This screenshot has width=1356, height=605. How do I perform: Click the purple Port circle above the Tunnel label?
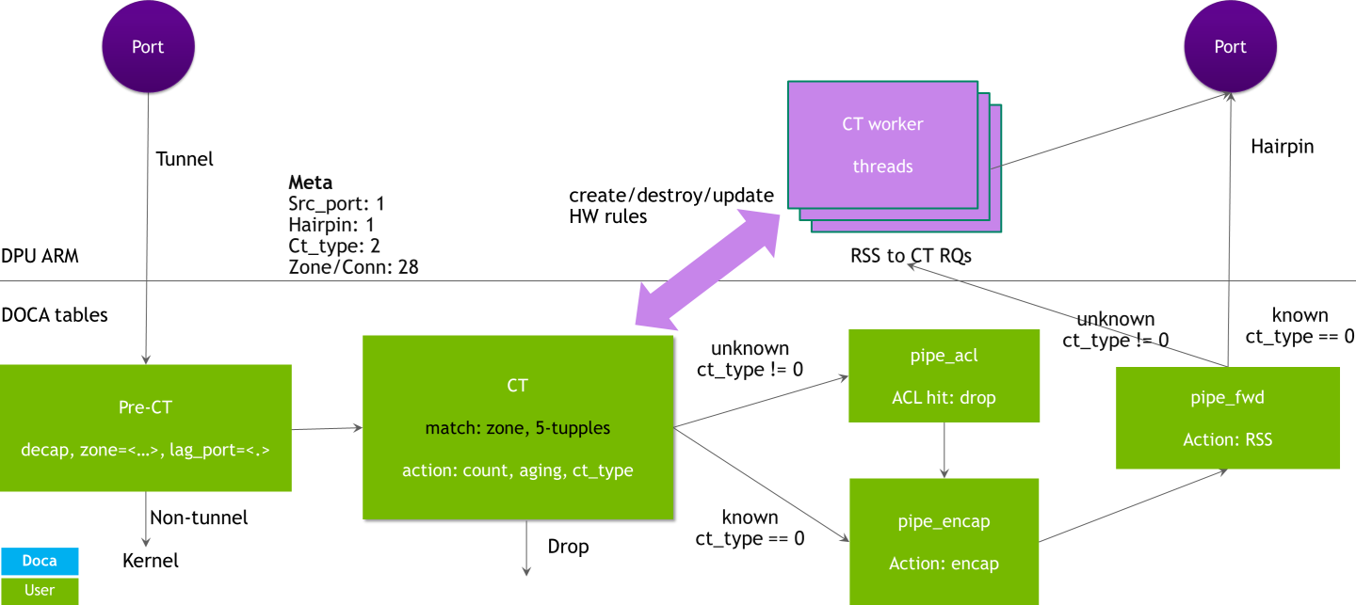click(x=148, y=47)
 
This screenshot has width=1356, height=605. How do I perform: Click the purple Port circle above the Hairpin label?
click(x=1230, y=47)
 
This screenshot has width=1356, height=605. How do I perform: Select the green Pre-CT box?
click(x=146, y=427)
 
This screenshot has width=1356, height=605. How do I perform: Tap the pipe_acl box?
click(x=944, y=375)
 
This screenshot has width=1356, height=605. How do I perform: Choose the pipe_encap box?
click(x=944, y=541)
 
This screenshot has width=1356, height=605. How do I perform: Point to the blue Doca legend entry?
click(x=40, y=561)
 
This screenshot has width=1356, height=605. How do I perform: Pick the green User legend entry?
click(x=40, y=590)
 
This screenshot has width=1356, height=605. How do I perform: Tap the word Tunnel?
click(x=185, y=159)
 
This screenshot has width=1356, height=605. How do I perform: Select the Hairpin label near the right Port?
click(x=1282, y=146)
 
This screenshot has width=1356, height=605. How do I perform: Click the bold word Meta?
click(x=310, y=183)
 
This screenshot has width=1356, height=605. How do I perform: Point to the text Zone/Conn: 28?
click(x=353, y=267)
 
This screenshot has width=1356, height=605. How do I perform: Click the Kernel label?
click(x=151, y=561)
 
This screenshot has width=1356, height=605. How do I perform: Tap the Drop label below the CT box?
click(x=568, y=547)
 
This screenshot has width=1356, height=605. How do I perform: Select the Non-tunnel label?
click(x=199, y=517)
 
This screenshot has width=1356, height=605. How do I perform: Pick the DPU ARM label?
click(x=40, y=255)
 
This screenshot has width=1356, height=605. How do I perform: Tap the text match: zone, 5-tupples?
click(x=518, y=428)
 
